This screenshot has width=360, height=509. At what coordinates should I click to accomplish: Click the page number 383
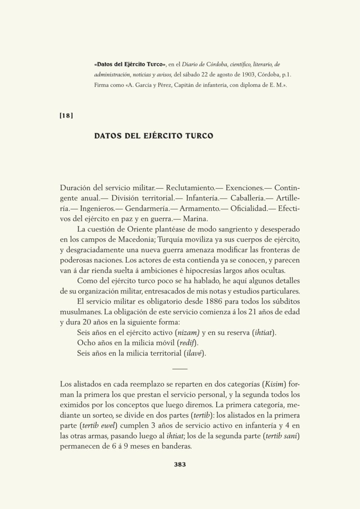click(x=180, y=464)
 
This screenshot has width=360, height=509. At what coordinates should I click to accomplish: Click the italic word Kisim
click(x=276, y=384)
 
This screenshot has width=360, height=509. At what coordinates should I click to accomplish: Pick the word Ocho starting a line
click(x=86, y=343)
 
